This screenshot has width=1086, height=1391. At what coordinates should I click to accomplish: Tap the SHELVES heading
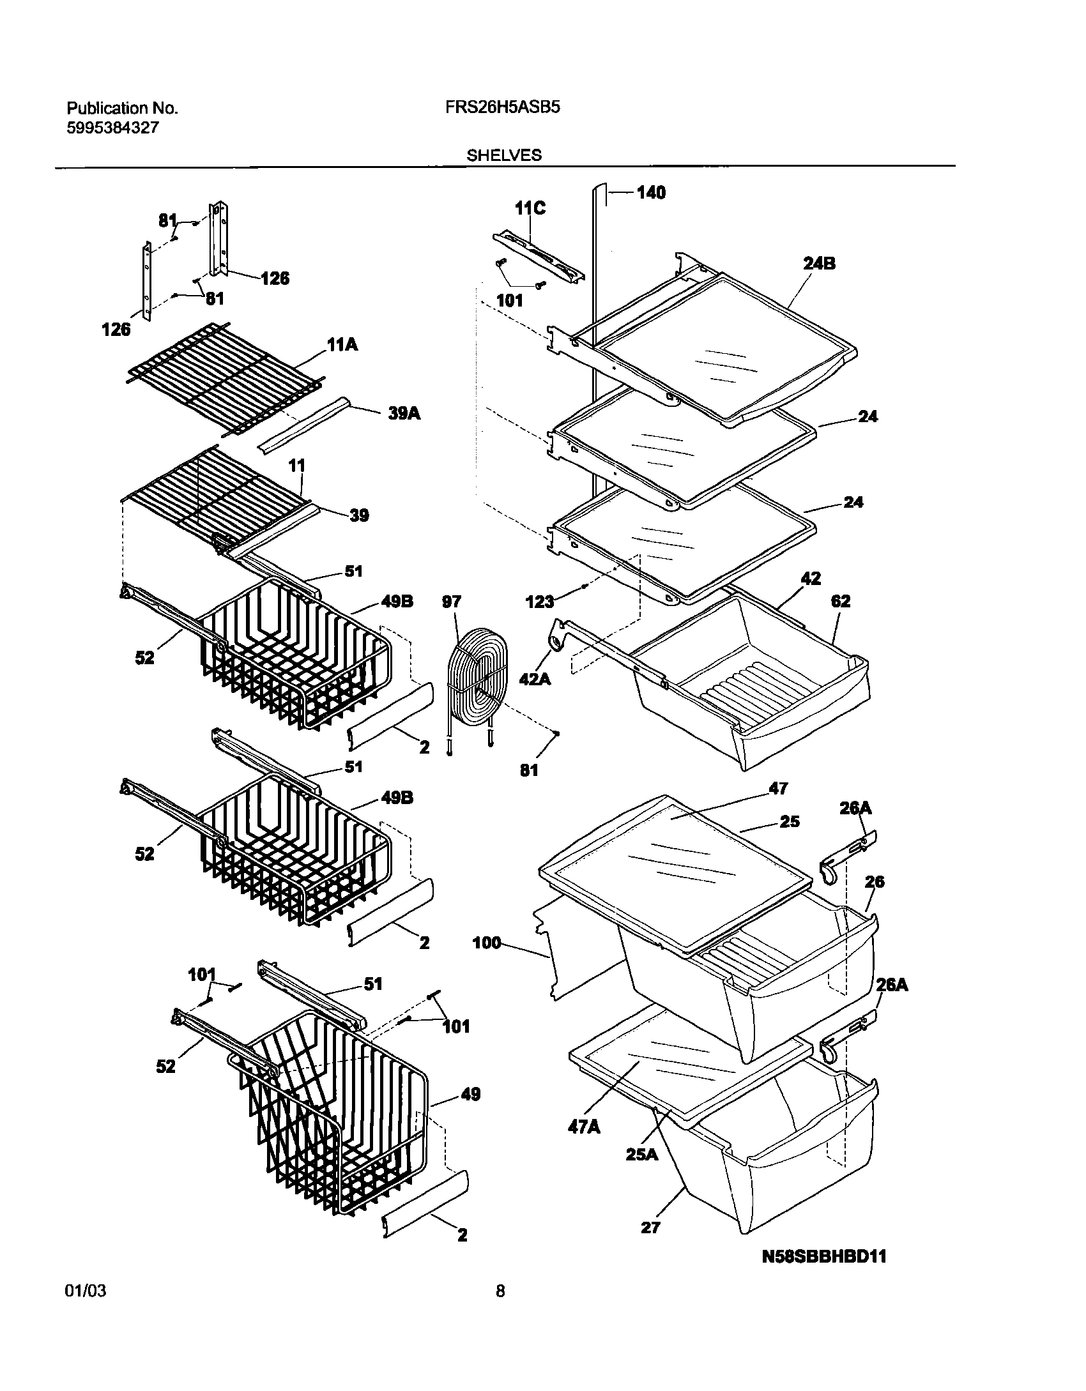point(504,155)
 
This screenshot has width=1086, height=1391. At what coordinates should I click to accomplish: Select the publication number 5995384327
point(112,128)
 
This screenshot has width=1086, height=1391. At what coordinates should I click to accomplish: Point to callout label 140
point(651,193)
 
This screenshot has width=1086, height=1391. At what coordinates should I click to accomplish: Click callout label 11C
point(530,208)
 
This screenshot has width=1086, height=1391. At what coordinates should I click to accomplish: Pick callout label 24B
point(820,263)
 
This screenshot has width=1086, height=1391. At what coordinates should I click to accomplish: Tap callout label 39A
point(404,413)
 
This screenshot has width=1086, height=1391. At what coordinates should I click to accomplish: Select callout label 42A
point(535,678)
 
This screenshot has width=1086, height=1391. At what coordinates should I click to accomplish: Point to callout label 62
point(841,601)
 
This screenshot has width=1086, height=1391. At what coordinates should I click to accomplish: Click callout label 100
point(487,943)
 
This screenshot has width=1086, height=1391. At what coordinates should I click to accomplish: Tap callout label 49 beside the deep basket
point(470,1094)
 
